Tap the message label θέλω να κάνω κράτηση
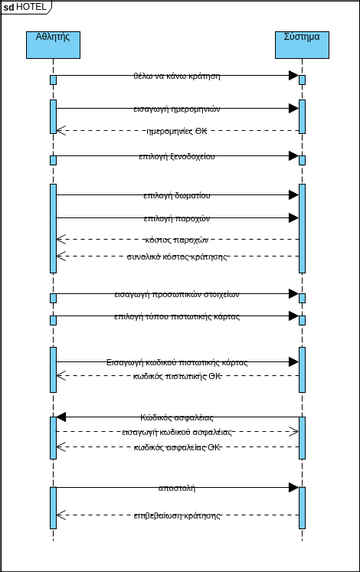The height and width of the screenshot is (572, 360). [177, 75]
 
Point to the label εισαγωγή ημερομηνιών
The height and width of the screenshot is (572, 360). [177, 108]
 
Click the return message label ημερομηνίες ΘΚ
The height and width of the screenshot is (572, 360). [177, 130]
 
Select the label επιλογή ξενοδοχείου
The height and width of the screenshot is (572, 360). [177, 156]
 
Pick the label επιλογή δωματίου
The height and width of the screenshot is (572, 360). [177, 195]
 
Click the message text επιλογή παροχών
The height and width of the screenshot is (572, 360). [177, 218]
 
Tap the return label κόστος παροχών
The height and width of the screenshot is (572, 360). [177, 239]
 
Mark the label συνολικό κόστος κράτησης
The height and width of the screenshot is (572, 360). [177, 257]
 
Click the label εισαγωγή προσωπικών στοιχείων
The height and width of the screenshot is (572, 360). [177, 294]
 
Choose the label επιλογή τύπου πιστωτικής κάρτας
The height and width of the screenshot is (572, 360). [177, 316]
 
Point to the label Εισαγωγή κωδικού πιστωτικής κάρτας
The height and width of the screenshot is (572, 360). [177, 361]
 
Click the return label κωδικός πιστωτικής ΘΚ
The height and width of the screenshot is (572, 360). [177, 376]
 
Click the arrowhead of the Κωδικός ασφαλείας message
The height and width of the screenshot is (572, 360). [61, 417]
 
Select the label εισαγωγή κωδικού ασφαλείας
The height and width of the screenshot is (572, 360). [177, 431]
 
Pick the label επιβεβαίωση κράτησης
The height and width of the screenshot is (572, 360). [177, 515]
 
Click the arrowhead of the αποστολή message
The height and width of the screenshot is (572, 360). [293, 487]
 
